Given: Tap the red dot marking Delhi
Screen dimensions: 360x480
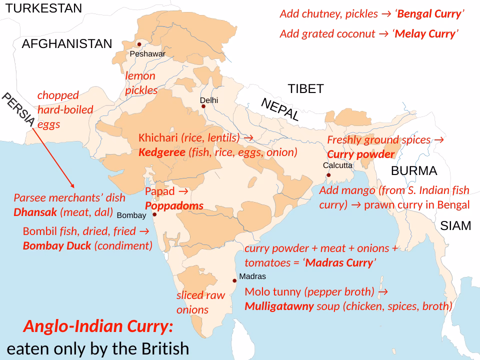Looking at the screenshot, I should (x=203, y=106).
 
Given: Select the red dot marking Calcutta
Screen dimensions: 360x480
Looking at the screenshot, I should (x=328, y=175).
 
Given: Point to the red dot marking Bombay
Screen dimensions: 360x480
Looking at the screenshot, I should (x=154, y=214).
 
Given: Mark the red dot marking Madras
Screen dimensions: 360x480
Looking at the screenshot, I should (x=234, y=280).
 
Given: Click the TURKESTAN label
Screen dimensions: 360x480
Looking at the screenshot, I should (x=44, y=8).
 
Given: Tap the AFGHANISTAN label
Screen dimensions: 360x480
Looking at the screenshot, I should (x=67, y=44).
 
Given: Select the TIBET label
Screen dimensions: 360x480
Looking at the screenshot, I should (x=305, y=89).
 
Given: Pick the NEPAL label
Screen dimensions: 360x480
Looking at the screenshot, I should (x=280, y=110).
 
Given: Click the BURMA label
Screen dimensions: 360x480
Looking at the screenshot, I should (x=414, y=171).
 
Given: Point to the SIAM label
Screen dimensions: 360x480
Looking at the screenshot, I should (x=455, y=226).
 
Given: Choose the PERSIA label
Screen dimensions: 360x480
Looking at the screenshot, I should (x=17, y=109).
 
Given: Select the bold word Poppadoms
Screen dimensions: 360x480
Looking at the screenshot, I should (x=174, y=206).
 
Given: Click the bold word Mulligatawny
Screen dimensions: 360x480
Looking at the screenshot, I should (x=279, y=306).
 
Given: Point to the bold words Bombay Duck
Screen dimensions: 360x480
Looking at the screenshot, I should (x=57, y=245).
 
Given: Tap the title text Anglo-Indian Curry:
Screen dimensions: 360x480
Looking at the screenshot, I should (x=98, y=327).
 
